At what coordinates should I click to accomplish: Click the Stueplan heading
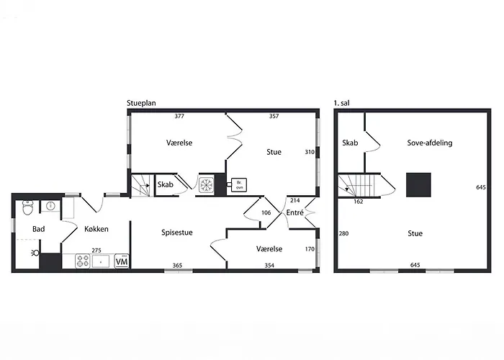pyautogui.click(x=142, y=104)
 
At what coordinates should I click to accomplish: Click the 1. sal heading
pyautogui.click(x=343, y=104)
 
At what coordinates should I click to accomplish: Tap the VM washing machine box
pyautogui.click(x=122, y=261)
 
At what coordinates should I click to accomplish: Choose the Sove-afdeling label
pyautogui.click(x=429, y=143)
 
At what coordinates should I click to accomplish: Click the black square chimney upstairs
pyautogui.click(x=417, y=184)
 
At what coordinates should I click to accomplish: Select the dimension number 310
pyautogui.click(x=309, y=152)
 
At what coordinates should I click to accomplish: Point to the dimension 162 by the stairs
pyautogui.click(x=359, y=202)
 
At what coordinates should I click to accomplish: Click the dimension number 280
pyautogui.click(x=343, y=233)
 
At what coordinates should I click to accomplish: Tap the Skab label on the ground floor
pyautogui.click(x=164, y=185)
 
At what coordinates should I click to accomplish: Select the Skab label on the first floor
pyautogui.click(x=351, y=143)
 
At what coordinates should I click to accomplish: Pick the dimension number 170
pyautogui.click(x=310, y=250)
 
